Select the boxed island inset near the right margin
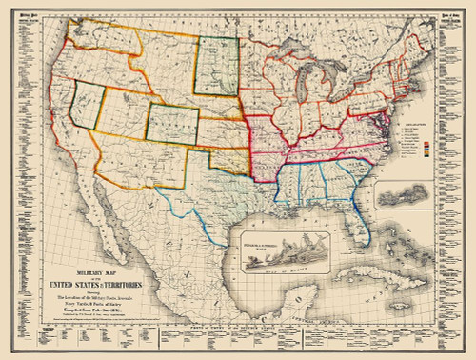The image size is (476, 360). (x=408, y=197)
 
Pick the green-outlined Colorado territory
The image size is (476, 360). (x=172, y=124)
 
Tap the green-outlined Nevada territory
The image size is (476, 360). (x=89, y=108)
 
